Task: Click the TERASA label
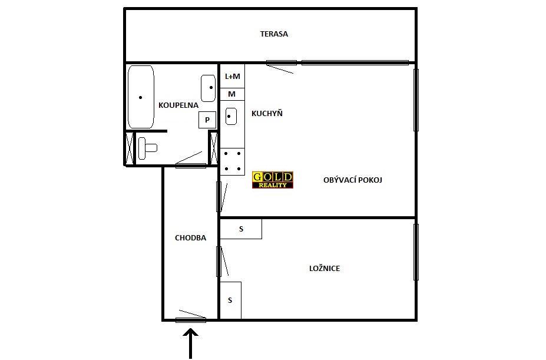(x=274, y=34)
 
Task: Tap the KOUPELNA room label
(x=178, y=105)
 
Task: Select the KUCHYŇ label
(x=267, y=113)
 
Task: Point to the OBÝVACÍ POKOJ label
(x=353, y=180)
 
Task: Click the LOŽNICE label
(x=325, y=268)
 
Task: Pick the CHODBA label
(x=190, y=237)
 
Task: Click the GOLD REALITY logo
(x=273, y=180)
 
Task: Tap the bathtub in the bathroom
(x=141, y=97)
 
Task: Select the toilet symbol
(x=147, y=148)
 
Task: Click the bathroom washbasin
(x=209, y=88)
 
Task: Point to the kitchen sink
(x=231, y=117)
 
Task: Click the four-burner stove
(x=232, y=161)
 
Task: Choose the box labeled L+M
(x=232, y=76)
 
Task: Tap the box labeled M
(x=232, y=94)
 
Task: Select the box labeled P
(x=207, y=120)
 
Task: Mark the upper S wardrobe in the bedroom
(x=241, y=229)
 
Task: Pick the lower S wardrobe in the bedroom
(x=230, y=300)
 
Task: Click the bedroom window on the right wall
(x=416, y=252)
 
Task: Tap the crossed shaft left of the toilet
(x=130, y=148)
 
